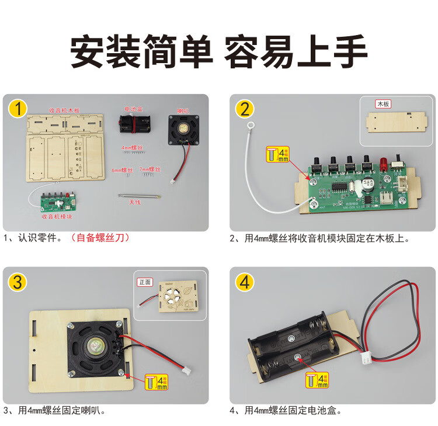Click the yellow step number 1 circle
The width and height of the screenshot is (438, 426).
pyautogui.click(x=19, y=109)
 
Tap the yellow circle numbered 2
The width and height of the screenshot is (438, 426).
pyautogui.click(x=245, y=109)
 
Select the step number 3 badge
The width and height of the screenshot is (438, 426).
pyautogui.click(x=19, y=282)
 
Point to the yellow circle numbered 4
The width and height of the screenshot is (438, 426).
pyautogui.click(x=245, y=282)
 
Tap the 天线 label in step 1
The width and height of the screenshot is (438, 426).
pyautogui.click(x=135, y=203)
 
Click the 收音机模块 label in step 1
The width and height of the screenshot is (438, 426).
pyautogui.click(x=56, y=216)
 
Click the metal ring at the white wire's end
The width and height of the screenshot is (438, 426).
pyautogui.click(x=252, y=124)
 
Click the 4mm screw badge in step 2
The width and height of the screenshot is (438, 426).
pyautogui.click(x=277, y=154)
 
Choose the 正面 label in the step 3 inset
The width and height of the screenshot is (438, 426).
pyautogui.click(x=145, y=282)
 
